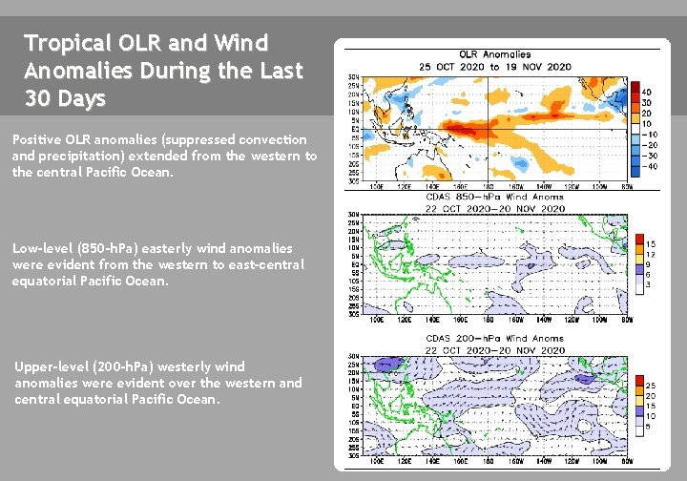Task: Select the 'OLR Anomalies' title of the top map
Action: (x=495, y=54)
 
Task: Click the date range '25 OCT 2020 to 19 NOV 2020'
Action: (x=495, y=66)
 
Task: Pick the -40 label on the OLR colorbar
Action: (x=648, y=166)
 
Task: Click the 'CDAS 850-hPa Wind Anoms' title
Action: (x=495, y=198)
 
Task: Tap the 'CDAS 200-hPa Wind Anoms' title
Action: (x=495, y=338)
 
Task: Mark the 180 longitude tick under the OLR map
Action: (x=488, y=186)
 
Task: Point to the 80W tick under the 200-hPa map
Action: (x=627, y=461)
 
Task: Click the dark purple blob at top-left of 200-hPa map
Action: (x=386, y=364)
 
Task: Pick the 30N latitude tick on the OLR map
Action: (x=352, y=77)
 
